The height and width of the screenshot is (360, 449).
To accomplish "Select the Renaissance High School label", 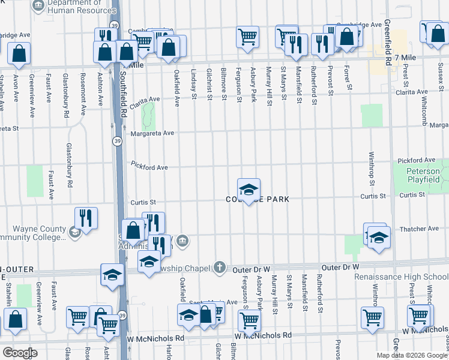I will [x=401, y=277].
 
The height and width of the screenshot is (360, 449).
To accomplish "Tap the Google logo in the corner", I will [x=19, y=353].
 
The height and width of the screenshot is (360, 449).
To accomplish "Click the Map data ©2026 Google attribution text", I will [x=412, y=355].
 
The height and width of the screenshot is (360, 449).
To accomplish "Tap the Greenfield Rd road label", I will [x=388, y=36].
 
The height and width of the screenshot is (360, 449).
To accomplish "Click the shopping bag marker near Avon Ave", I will [x=19, y=54].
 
